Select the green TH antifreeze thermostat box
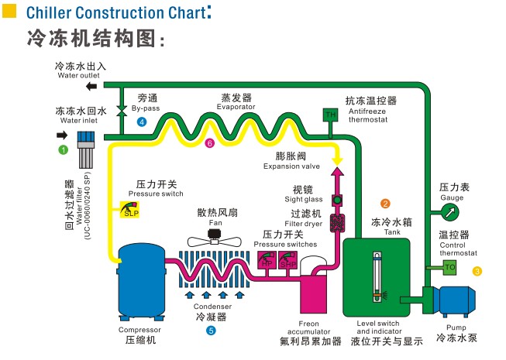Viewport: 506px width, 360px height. click(x=330, y=115)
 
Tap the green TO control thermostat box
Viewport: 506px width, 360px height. click(x=450, y=267)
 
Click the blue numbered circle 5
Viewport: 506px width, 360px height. click(x=211, y=331)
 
